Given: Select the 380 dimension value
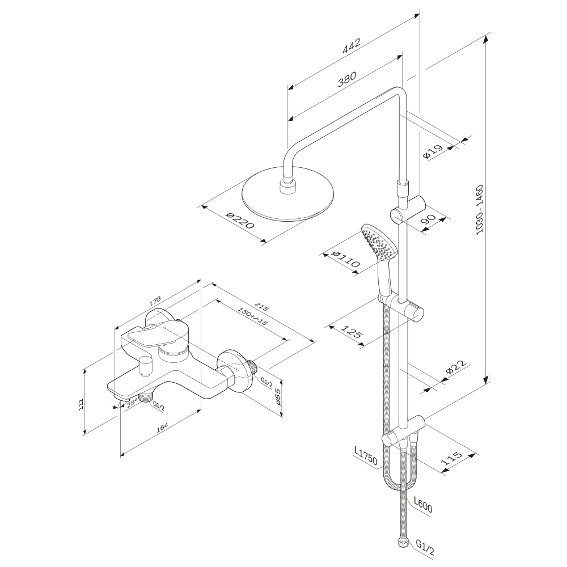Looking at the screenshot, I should (x=346, y=78).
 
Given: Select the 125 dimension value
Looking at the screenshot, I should (x=352, y=332).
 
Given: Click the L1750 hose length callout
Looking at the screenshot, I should (x=365, y=456).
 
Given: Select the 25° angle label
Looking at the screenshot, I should (x=132, y=404).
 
